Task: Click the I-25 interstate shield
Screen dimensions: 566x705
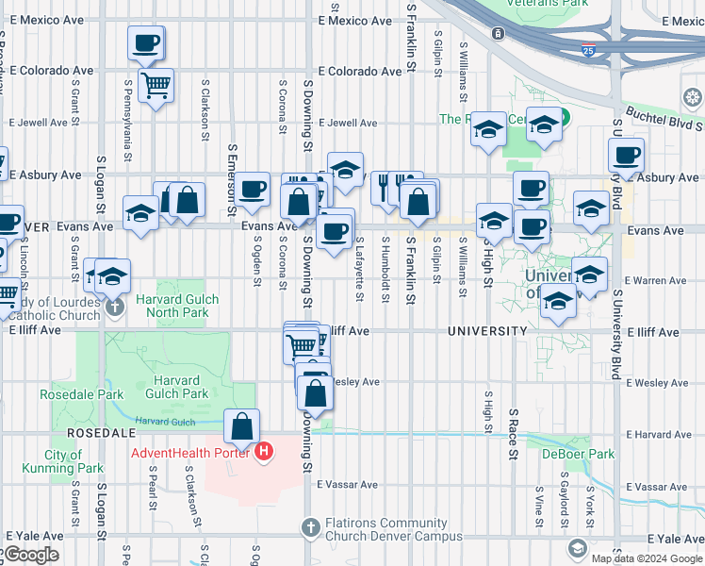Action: (x=588, y=52)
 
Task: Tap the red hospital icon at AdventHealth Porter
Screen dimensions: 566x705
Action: (x=264, y=452)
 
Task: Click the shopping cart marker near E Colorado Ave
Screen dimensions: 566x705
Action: (x=156, y=86)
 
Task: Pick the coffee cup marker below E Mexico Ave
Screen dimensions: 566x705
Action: (x=146, y=42)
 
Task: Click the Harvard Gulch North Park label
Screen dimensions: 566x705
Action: (x=177, y=307)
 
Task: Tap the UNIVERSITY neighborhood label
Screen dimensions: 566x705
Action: (x=487, y=331)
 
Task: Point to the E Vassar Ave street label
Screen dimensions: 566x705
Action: (x=347, y=485)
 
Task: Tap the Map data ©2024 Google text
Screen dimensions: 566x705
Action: (x=646, y=558)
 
